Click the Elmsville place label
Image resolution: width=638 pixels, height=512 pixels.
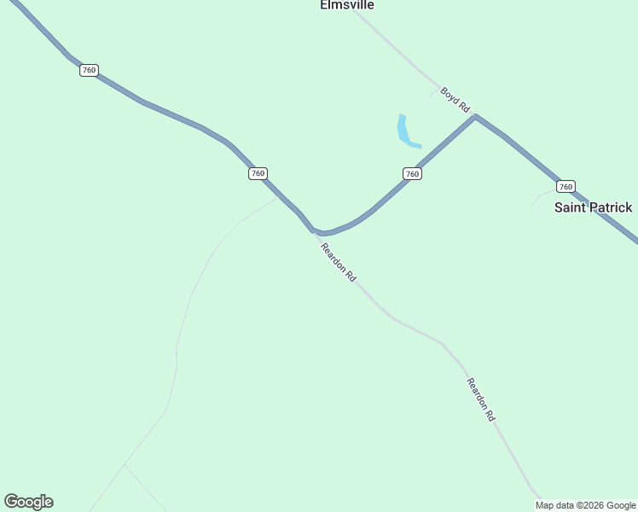347,5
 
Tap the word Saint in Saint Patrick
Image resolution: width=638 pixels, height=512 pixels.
571,207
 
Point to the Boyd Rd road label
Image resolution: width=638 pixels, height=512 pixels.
455,100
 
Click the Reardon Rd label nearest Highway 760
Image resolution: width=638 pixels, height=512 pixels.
338,264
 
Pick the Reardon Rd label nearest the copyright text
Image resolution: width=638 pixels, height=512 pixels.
481,399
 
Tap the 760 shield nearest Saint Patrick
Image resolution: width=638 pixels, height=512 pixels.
565,187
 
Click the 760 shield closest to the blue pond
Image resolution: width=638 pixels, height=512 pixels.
412,174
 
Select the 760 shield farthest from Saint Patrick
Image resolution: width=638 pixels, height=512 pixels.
89,70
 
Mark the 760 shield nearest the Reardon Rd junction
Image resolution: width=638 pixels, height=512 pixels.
258,173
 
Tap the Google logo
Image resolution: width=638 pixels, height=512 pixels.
28,502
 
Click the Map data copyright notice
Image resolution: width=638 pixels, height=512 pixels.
586,505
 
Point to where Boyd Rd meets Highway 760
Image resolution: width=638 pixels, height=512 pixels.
475,116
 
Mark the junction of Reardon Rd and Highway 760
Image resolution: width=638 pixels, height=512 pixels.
315,231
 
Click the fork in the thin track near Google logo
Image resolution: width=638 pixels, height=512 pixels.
125,465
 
